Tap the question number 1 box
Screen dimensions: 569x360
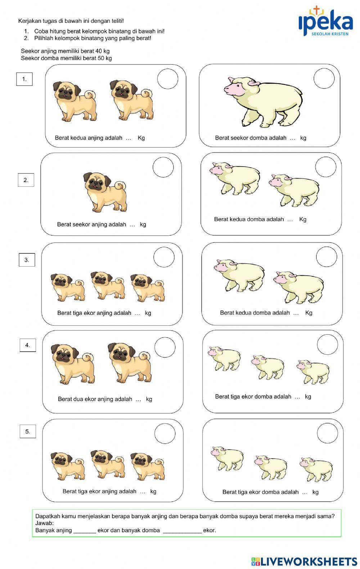tap(24, 79)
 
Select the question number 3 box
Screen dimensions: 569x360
tap(27, 260)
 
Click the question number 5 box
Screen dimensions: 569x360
tap(28, 432)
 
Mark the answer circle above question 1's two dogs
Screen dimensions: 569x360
tap(168, 79)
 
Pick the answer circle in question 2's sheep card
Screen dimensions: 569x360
tap(326, 167)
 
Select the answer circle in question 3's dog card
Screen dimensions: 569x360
tap(164, 257)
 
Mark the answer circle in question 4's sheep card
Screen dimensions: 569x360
tap(328, 345)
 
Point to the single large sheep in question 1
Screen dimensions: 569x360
tap(263, 102)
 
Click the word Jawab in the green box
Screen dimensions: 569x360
tap(44, 523)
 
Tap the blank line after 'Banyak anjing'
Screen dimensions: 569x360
tap(85, 530)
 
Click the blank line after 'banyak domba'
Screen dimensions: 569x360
tap(182, 530)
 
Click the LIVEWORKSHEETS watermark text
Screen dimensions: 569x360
tap(309, 561)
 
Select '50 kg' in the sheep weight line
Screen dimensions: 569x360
tap(105, 58)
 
